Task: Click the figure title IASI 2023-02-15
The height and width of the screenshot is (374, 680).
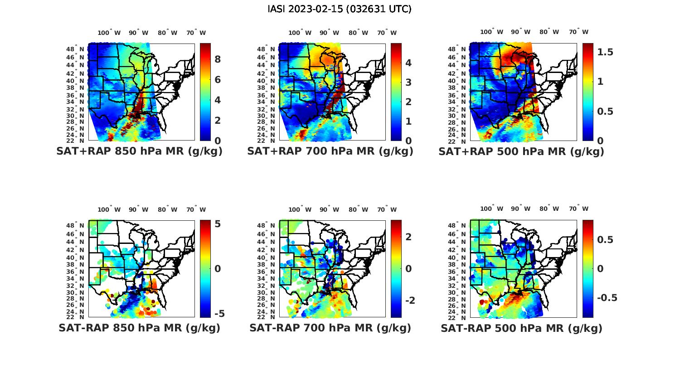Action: point(340,9)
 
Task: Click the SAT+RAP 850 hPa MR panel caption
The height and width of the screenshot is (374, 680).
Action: point(139,151)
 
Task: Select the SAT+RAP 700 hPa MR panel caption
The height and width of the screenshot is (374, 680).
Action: point(330,151)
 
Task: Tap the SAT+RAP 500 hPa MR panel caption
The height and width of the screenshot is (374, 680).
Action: point(521,151)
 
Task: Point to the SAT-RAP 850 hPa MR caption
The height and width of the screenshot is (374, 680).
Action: point(139,328)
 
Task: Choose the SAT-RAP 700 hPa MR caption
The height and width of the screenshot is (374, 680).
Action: point(330,328)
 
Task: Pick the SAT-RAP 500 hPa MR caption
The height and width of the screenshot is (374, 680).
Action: point(521,328)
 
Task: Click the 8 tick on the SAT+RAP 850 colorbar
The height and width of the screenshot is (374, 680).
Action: point(218,59)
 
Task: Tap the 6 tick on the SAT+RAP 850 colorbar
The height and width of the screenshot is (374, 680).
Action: point(218,80)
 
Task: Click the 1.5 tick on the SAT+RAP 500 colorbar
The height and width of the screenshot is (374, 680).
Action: point(605,52)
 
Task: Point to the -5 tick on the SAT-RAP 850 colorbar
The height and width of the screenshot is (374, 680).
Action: point(219,314)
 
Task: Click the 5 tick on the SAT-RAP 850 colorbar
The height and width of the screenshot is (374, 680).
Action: point(218,224)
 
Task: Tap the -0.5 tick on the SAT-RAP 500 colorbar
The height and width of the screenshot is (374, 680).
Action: point(607,298)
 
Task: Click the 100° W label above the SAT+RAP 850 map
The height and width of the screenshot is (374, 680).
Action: point(109,33)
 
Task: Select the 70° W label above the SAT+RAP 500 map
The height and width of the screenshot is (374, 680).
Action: point(579,32)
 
